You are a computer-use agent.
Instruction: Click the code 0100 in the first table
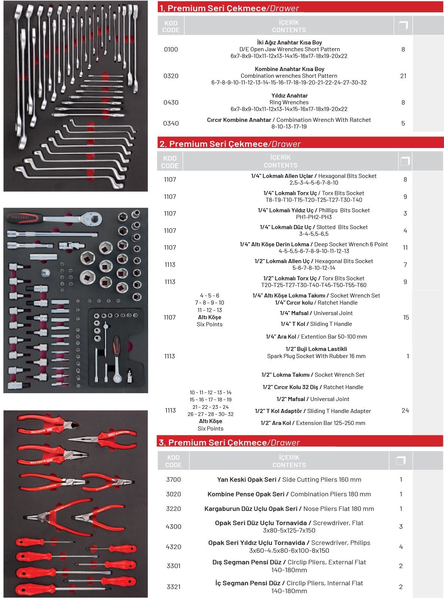(x=171, y=49)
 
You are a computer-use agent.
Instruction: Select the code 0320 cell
(x=171, y=76)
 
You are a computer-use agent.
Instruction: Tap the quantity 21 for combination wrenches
(x=403, y=76)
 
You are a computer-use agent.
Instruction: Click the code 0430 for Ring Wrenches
(x=171, y=102)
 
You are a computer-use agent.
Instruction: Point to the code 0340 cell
(x=171, y=123)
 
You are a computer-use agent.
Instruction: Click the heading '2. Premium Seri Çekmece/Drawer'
(x=230, y=144)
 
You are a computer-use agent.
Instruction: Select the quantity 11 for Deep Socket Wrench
(x=405, y=247)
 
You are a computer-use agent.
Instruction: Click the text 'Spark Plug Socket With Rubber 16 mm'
(x=316, y=356)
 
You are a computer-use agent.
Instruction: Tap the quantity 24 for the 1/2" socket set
(x=405, y=410)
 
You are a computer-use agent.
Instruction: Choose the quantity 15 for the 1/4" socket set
(x=406, y=317)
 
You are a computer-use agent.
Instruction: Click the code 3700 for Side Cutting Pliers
(x=173, y=480)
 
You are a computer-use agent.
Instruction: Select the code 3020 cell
(x=173, y=494)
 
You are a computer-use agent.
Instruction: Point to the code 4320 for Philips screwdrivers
(x=173, y=547)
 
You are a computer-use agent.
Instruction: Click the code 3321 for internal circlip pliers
(x=173, y=587)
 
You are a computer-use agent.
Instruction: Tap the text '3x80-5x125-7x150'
(x=289, y=530)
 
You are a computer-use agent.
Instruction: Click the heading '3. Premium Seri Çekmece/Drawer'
(x=229, y=443)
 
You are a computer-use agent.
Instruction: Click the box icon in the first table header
(x=403, y=25)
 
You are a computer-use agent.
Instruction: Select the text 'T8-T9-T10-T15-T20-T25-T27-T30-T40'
(x=314, y=200)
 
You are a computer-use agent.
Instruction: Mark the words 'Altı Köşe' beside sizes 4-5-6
(x=209, y=317)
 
